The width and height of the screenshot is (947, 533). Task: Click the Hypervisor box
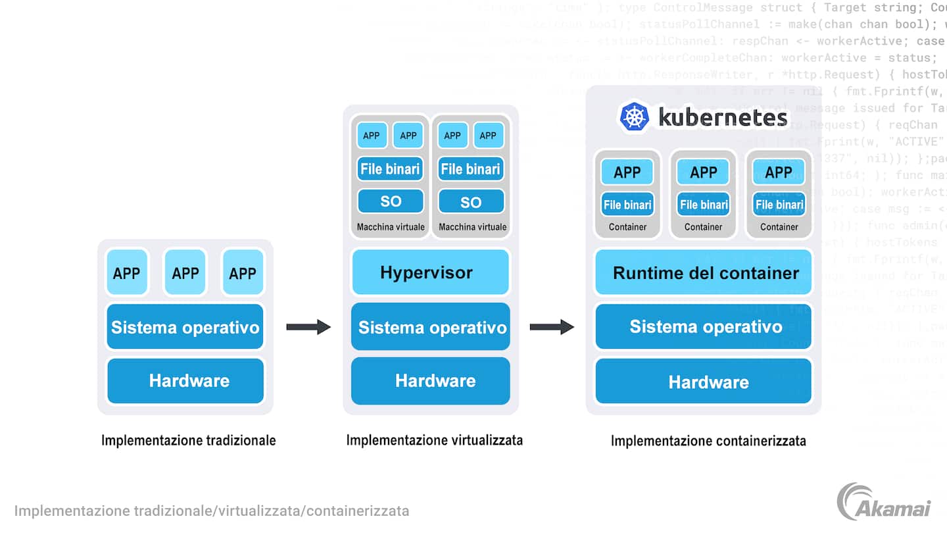[x=431, y=272]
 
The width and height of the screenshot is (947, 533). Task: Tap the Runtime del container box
[x=704, y=272]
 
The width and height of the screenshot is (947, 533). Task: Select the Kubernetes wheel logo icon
[x=634, y=117]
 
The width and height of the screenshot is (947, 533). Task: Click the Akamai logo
[x=884, y=501]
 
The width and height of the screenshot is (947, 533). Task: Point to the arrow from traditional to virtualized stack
[x=308, y=326]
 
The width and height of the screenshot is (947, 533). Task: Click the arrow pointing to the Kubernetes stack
[x=552, y=326]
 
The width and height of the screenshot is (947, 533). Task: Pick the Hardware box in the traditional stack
[x=185, y=380]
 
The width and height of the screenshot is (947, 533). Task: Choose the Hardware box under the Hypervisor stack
[x=431, y=380]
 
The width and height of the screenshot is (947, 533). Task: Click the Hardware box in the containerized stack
[x=704, y=382]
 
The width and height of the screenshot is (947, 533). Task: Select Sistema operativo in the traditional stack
[x=185, y=327]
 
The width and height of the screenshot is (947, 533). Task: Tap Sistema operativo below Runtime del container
[x=704, y=326]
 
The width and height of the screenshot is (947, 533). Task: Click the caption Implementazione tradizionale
[x=189, y=440]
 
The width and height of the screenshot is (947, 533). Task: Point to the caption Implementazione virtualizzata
[x=435, y=440]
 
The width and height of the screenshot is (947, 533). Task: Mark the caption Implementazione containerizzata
[x=708, y=441]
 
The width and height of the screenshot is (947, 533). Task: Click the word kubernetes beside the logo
[x=723, y=117]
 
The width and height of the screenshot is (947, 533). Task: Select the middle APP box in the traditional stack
[x=185, y=272]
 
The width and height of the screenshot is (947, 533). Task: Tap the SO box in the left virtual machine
[x=390, y=201]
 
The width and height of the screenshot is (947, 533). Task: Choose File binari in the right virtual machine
[x=471, y=169]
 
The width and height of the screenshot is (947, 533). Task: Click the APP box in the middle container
[x=703, y=172]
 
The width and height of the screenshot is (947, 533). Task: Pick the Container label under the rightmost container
[x=779, y=227]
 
